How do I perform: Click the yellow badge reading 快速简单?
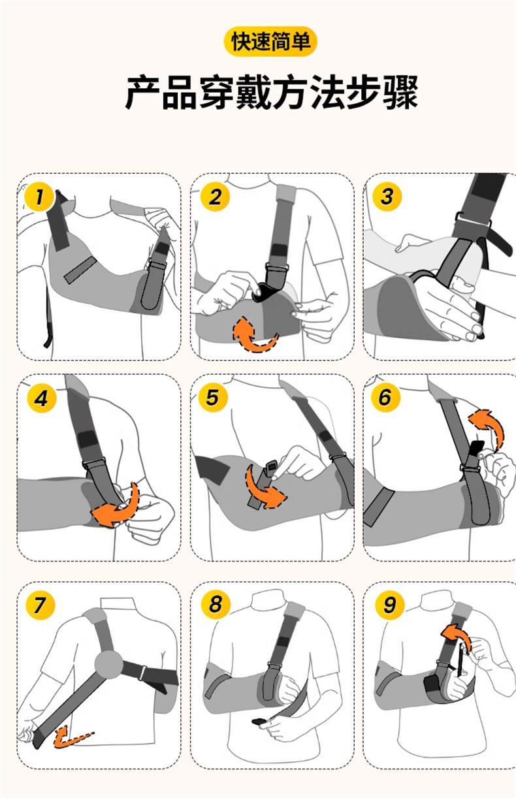pos(270,41)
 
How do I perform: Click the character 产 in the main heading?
pos(143,92)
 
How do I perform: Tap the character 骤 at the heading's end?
pos(400,92)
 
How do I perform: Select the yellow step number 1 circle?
pos(39,197)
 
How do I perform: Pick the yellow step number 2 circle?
pos(215,197)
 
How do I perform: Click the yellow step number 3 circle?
pos(387,196)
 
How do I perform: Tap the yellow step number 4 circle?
pos(42,398)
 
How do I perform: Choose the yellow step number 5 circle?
pos(213,397)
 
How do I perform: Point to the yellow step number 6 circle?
pos(385,397)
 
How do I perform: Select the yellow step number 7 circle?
pos(40,605)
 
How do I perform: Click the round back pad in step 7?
pos(108,664)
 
